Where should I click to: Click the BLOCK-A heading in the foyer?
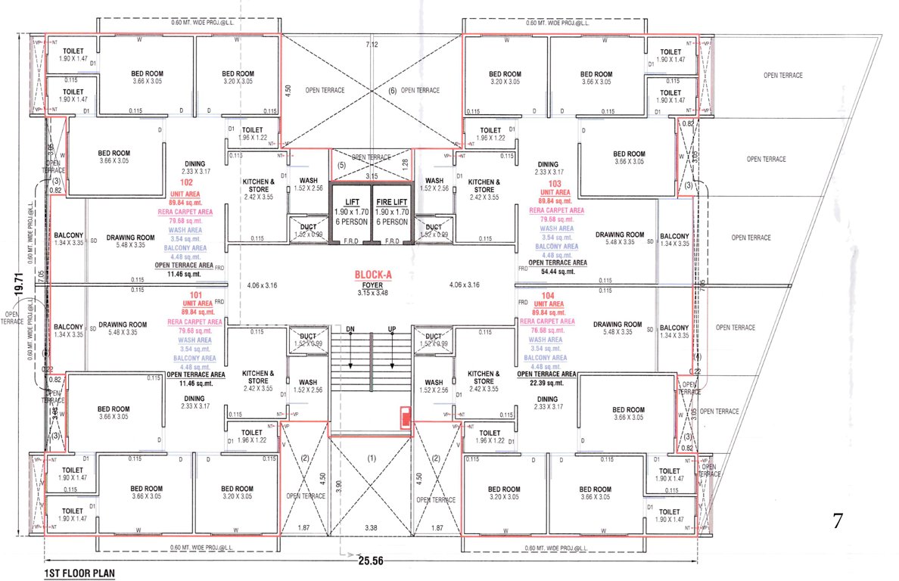point(371,276)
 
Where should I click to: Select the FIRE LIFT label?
point(392,203)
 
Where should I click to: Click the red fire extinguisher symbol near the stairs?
point(406,416)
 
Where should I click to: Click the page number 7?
point(838,520)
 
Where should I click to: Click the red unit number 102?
point(186,183)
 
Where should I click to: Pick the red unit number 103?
point(555,183)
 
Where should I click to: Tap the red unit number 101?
point(195,295)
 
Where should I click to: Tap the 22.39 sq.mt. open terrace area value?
point(546,383)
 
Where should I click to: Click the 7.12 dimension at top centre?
point(371,45)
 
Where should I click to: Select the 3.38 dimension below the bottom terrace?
point(371,527)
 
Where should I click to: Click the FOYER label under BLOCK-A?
point(371,285)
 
